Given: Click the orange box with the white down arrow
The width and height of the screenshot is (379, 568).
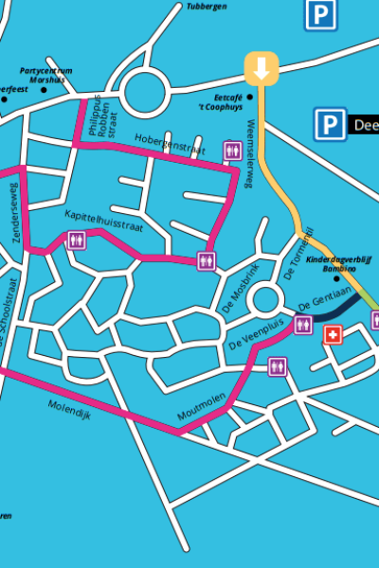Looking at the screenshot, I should click(x=262, y=67).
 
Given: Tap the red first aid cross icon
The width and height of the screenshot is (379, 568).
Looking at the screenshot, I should click(x=333, y=335).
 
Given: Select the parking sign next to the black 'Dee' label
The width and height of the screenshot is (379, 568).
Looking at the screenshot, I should click(x=329, y=123).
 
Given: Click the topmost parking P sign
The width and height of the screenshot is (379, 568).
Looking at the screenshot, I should click(x=322, y=13).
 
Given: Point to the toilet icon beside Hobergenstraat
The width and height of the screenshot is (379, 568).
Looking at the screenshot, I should click(x=231, y=150).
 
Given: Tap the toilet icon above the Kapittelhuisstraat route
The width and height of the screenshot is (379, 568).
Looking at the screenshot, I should click(x=76, y=240).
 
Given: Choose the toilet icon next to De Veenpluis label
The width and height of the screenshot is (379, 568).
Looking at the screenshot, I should click(x=303, y=326).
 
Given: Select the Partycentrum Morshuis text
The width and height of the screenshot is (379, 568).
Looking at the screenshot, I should click(x=45, y=75).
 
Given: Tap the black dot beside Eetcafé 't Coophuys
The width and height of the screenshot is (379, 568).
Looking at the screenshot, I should click(x=251, y=97).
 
